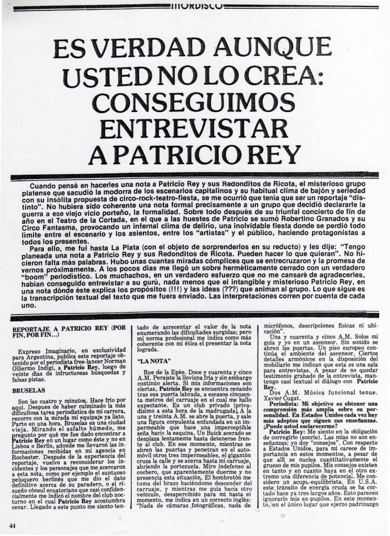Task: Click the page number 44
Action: click(12, 524)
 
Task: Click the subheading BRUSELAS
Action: click(28, 390)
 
